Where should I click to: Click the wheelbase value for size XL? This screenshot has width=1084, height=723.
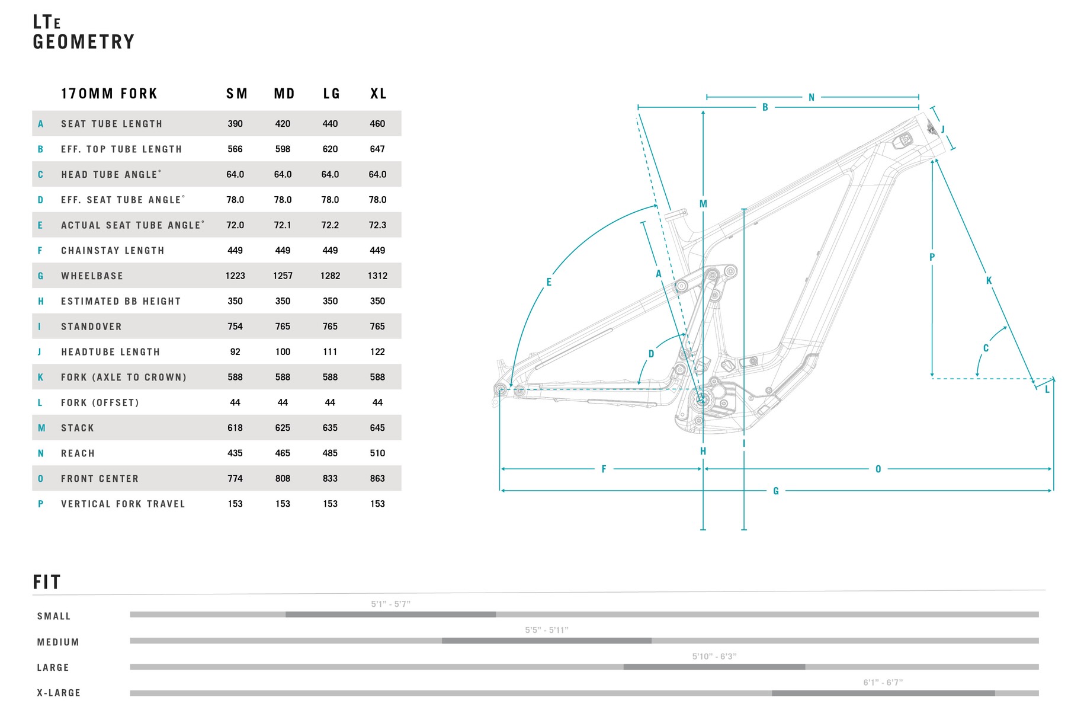(x=377, y=276)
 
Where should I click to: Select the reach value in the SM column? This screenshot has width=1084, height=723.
(x=235, y=453)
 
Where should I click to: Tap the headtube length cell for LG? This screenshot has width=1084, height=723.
(x=330, y=351)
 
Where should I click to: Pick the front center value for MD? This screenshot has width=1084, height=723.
(x=283, y=478)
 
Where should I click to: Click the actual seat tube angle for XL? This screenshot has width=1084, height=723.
(x=377, y=225)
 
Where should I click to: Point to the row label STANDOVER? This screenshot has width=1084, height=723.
(x=91, y=327)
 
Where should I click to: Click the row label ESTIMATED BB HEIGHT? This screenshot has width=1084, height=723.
(x=121, y=301)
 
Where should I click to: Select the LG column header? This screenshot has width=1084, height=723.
(x=331, y=94)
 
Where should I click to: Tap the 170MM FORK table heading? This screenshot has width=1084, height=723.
(x=110, y=94)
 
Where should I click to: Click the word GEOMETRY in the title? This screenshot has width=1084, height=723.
(x=84, y=42)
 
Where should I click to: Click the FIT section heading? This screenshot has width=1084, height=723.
(x=47, y=582)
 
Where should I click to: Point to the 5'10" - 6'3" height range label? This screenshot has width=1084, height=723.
(x=714, y=656)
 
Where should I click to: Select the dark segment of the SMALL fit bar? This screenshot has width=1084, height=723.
(x=390, y=615)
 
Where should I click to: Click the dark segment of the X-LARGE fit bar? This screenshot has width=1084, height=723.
(x=883, y=693)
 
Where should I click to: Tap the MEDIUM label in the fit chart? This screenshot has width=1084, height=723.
(x=58, y=642)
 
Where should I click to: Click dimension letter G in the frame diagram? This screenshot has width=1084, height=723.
(x=776, y=491)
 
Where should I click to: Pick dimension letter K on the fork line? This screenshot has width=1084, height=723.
(x=989, y=280)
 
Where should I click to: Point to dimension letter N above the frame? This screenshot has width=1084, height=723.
(x=812, y=97)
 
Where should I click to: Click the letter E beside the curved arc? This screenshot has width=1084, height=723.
(x=549, y=282)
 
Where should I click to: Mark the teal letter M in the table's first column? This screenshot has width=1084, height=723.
(x=41, y=428)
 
